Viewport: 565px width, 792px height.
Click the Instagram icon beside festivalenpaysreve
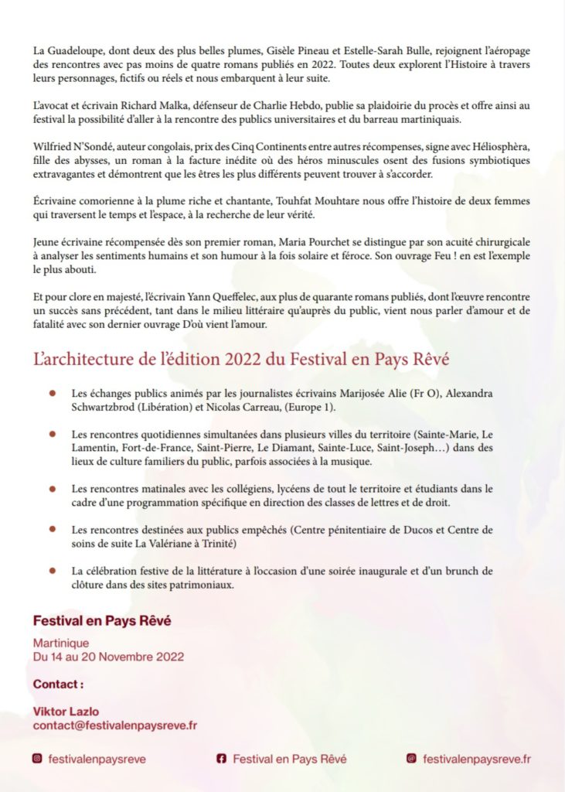pos(37,759)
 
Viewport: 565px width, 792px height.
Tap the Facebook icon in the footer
pos(221,759)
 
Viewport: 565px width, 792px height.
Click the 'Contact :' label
pos(58,684)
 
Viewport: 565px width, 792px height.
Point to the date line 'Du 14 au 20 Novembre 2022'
pos(108,657)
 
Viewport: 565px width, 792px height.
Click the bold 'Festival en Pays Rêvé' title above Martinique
pos(102,620)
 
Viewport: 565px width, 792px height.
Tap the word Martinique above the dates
pos(61,643)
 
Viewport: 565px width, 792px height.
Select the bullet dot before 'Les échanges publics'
pos(52,393)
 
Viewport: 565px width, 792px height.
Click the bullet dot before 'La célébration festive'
pos(52,571)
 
